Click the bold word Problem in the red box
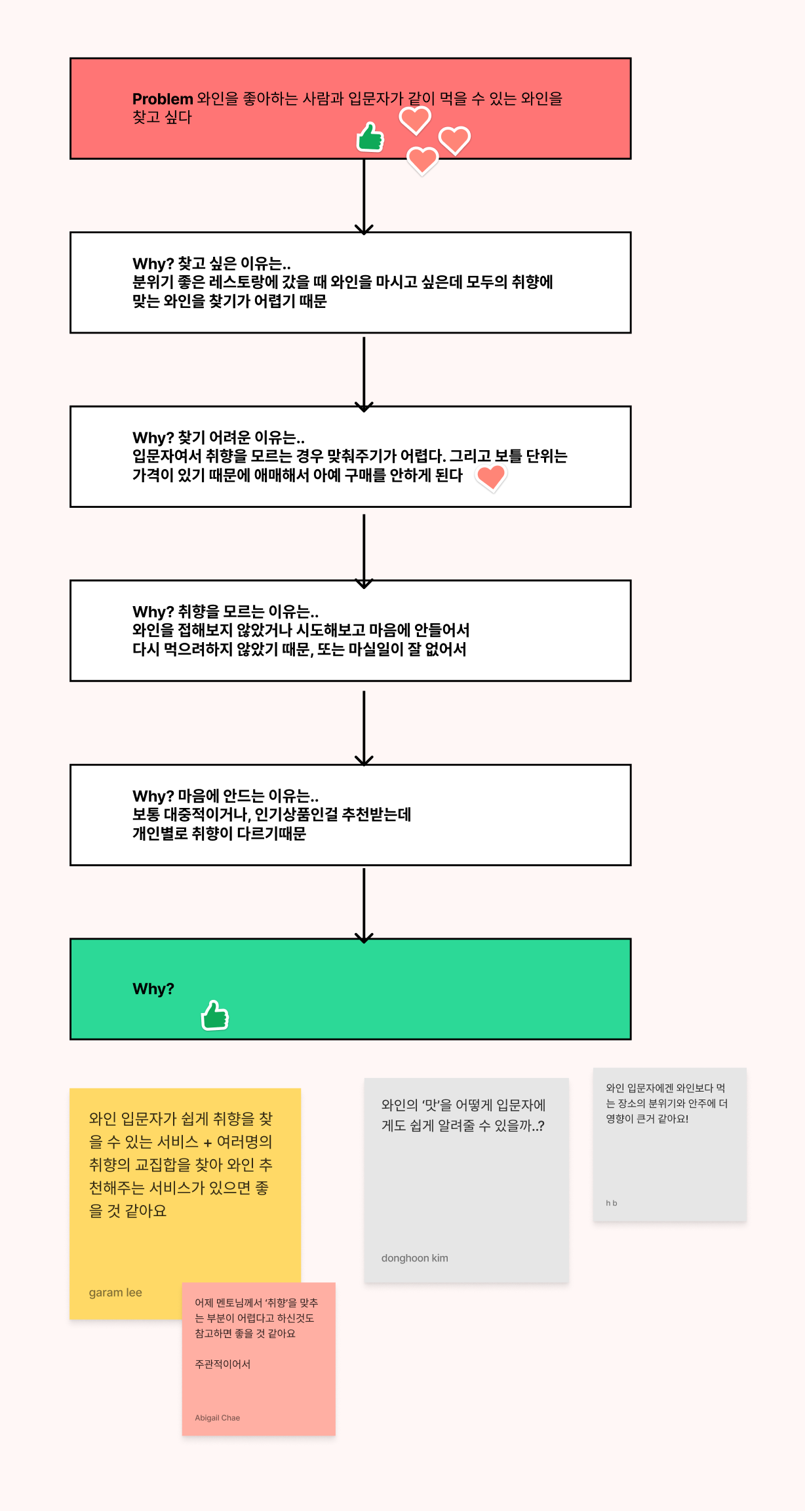[x=162, y=99]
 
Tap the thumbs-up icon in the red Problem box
[x=370, y=138]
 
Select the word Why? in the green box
[x=153, y=989]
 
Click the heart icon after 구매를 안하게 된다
[x=491, y=477]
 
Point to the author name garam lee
[x=115, y=1292]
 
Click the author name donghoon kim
[x=415, y=1258]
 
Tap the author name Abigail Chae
[x=217, y=1417]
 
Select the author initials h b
[x=611, y=1203]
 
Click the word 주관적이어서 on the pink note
[x=222, y=1364]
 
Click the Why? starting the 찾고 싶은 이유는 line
[x=153, y=263]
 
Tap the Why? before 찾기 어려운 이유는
[x=153, y=438]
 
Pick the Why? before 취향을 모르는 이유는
[x=153, y=612]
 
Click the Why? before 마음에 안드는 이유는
[x=153, y=796]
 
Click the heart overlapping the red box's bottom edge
[x=423, y=161]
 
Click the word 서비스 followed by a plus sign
[x=178, y=1141]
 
